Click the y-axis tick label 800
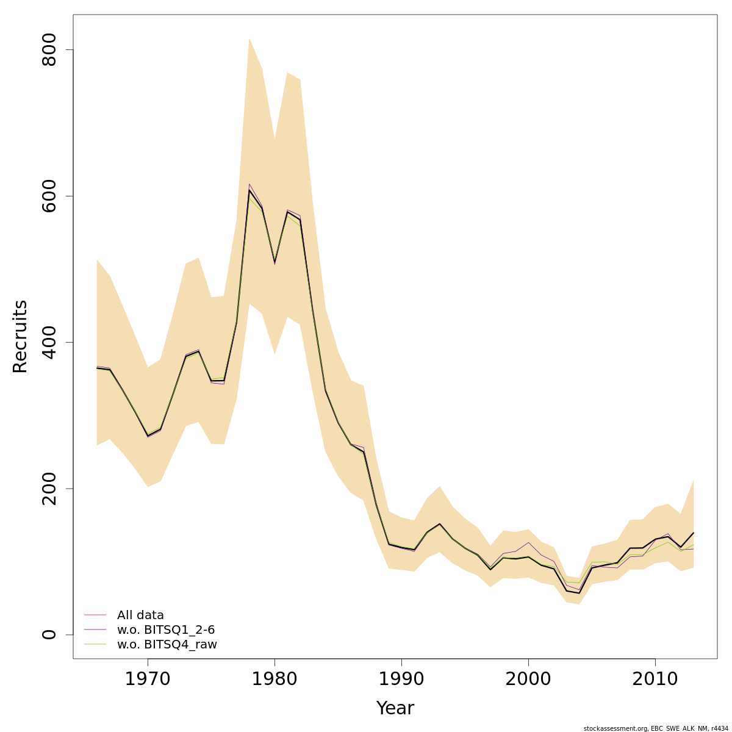pyautogui.click(x=48, y=50)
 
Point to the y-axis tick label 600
pyautogui.click(x=48, y=196)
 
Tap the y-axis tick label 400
pyautogui.click(x=48, y=342)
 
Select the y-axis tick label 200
pyautogui.click(x=48, y=489)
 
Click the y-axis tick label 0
pyautogui.click(x=48, y=634)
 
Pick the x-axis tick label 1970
pyautogui.click(x=148, y=679)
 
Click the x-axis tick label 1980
pyautogui.click(x=274, y=679)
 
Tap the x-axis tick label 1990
pyautogui.click(x=401, y=679)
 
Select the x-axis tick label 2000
pyautogui.click(x=528, y=679)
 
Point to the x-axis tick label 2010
pyautogui.click(x=655, y=679)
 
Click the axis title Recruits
pyautogui.click(x=20, y=336)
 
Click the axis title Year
pyautogui.click(x=395, y=708)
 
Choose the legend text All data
pyautogui.click(x=140, y=615)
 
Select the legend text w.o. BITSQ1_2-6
pyautogui.click(x=166, y=630)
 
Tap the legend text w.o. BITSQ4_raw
pyautogui.click(x=167, y=645)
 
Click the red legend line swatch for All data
pyautogui.click(x=95, y=615)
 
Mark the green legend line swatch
pyautogui.click(x=95, y=644)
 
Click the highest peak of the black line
pyautogui.click(x=249, y=190)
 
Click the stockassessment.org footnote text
pyautogui.click(x=656, y=728)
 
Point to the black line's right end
pyautogui.click(x=694, y=533)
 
